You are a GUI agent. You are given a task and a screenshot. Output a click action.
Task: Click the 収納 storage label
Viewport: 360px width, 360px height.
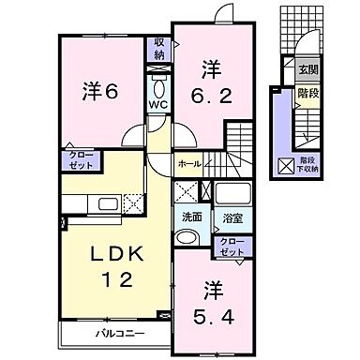[x=160, y=50]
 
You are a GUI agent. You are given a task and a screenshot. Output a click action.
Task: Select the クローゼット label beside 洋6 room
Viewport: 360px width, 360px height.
[x=77, y=160]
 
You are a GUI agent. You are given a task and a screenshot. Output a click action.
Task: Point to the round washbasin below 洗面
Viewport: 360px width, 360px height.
[x=188, y=236]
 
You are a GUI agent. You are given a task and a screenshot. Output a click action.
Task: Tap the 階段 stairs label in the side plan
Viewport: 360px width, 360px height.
[x=307, y=94]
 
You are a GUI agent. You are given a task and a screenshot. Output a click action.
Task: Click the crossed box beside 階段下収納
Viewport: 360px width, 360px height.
[x=285, y=167]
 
